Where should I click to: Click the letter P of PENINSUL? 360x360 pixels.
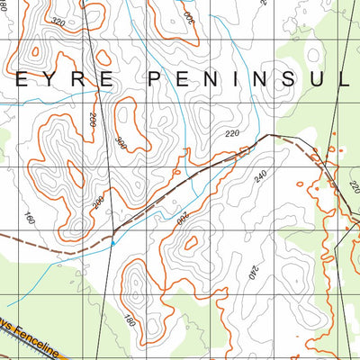point(154,79)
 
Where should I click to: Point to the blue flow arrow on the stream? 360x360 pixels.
point(112,241)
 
